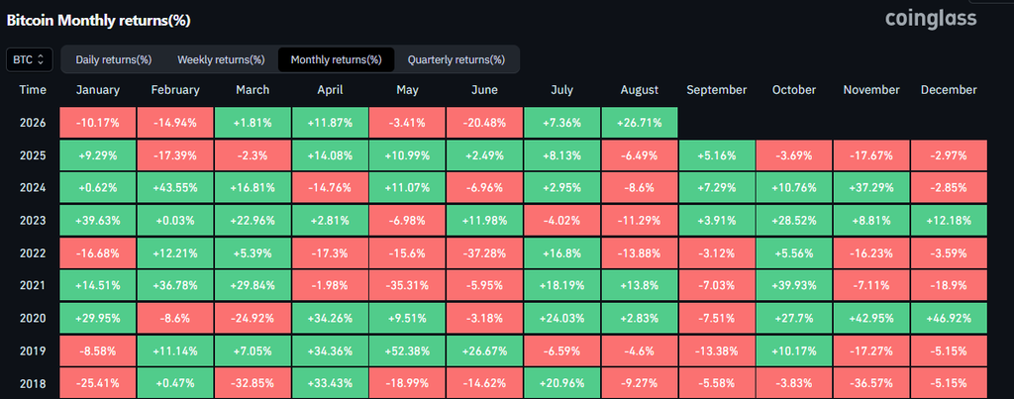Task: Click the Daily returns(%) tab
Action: (x=113, y=59)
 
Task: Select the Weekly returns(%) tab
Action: (x=221, y=59)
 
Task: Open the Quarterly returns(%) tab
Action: (x=456, y=59)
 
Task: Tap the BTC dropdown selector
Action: (x=29, y=59)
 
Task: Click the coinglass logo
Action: (x=931, y=18)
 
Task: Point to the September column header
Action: (x=717, y=90)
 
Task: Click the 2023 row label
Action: (x=33, y=221)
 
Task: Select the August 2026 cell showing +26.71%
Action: (x=639, y=122)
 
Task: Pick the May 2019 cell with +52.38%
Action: (x=407, y=351)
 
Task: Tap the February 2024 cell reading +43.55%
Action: (x=175, y=188)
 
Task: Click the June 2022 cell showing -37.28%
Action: (x=484, y=253)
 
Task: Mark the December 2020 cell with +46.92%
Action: (x=949, y=319)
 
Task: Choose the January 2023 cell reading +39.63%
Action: (x=98, y=221)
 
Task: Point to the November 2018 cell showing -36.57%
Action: (x=871, y=383)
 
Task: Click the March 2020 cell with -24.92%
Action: (x=253, y=319)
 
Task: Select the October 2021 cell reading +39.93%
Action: (x=794, y=286)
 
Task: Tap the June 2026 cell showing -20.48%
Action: (x=484, y=122)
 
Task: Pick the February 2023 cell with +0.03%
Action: (x=175, y=221)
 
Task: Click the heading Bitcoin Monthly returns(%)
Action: (x=98, y=21)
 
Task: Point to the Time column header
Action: (x=33, y=90)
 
